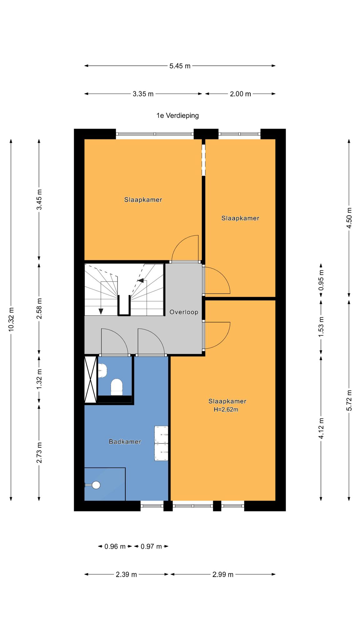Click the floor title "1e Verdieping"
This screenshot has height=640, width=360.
pyautogui.click(x=177, y=116)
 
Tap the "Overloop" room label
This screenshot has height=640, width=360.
pyautogui.click(x=184, y=312)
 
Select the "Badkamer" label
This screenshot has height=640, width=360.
pyautogui.click(x=125, y=442)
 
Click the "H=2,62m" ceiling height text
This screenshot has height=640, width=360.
pyautogui.click(x=226, y=409)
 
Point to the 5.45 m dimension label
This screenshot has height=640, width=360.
pyautogui.click(x=180, y=66)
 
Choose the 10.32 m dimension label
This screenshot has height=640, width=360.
pyautogui.click(x=11, y=319)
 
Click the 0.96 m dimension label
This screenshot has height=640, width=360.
pyautogui.click(x=115, y=547)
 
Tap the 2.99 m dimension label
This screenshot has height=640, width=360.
pyautogui.click(x=223, y=574)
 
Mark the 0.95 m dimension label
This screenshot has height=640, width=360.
pyautogui.click(x=321, y=280)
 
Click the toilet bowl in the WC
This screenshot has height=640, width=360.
pyautogui.click(x=117, y=387)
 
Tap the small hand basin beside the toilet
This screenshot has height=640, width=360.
pyautogui.click(x=102, y=371)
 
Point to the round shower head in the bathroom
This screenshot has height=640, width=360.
pyautogui.click(x=96, y=485)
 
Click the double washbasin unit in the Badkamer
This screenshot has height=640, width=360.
pyautogui.click(x=161, y=443)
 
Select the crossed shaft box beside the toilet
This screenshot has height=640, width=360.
pyautogui.click(x=91, y=380)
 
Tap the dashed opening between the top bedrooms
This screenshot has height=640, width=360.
pyautogui.click(x=203, y=160)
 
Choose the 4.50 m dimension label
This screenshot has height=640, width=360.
pyautogui.click(x=349, y=218)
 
